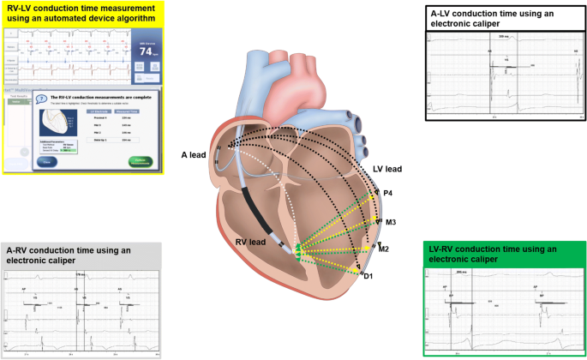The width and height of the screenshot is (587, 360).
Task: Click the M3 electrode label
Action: (390, 222)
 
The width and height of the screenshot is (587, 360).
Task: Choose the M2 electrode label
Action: (385, 249)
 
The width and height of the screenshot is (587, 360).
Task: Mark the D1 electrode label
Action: (368, 275)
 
